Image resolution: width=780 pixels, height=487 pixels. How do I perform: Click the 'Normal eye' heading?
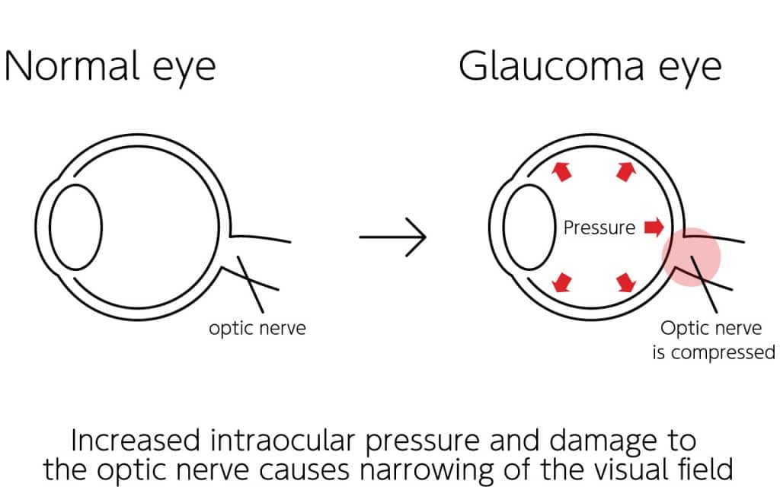click(x=110, y=67)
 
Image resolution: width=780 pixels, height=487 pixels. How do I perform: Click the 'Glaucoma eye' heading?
click(x=590, y=67)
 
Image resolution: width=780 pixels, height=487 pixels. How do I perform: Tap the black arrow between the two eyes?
click(x=392, y=237)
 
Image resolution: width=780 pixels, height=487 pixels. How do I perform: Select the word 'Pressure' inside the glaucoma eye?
click(x=599, y=227)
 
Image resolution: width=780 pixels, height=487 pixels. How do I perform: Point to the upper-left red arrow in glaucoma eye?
click(x=561, y=171)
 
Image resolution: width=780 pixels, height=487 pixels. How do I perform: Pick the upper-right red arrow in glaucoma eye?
click(x=625, y=171)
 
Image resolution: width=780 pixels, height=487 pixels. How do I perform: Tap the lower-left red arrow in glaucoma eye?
click(x=562, y=282)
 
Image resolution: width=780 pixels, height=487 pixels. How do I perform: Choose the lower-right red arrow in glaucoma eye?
click(x=625, y=282)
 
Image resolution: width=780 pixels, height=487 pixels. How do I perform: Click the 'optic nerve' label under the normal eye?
click(x=257, y=329)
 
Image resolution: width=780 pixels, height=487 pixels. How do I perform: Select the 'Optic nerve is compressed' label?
click(x=711, y=340)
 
